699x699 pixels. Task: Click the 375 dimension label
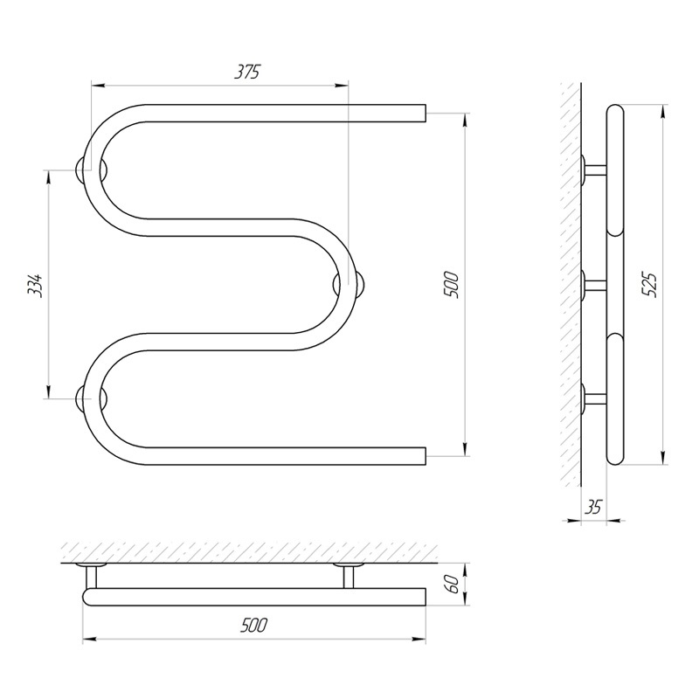coord(247,72)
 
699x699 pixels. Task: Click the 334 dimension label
coord(35,285)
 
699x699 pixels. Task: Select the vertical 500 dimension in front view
coord(451,285)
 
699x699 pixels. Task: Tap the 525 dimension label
coord(649,285)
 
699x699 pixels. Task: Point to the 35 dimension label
coord(593,507)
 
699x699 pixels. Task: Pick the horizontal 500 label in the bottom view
coord(253,626)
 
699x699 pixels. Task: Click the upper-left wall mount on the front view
coord(91,170)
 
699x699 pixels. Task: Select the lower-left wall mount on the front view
coord(91,398)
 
